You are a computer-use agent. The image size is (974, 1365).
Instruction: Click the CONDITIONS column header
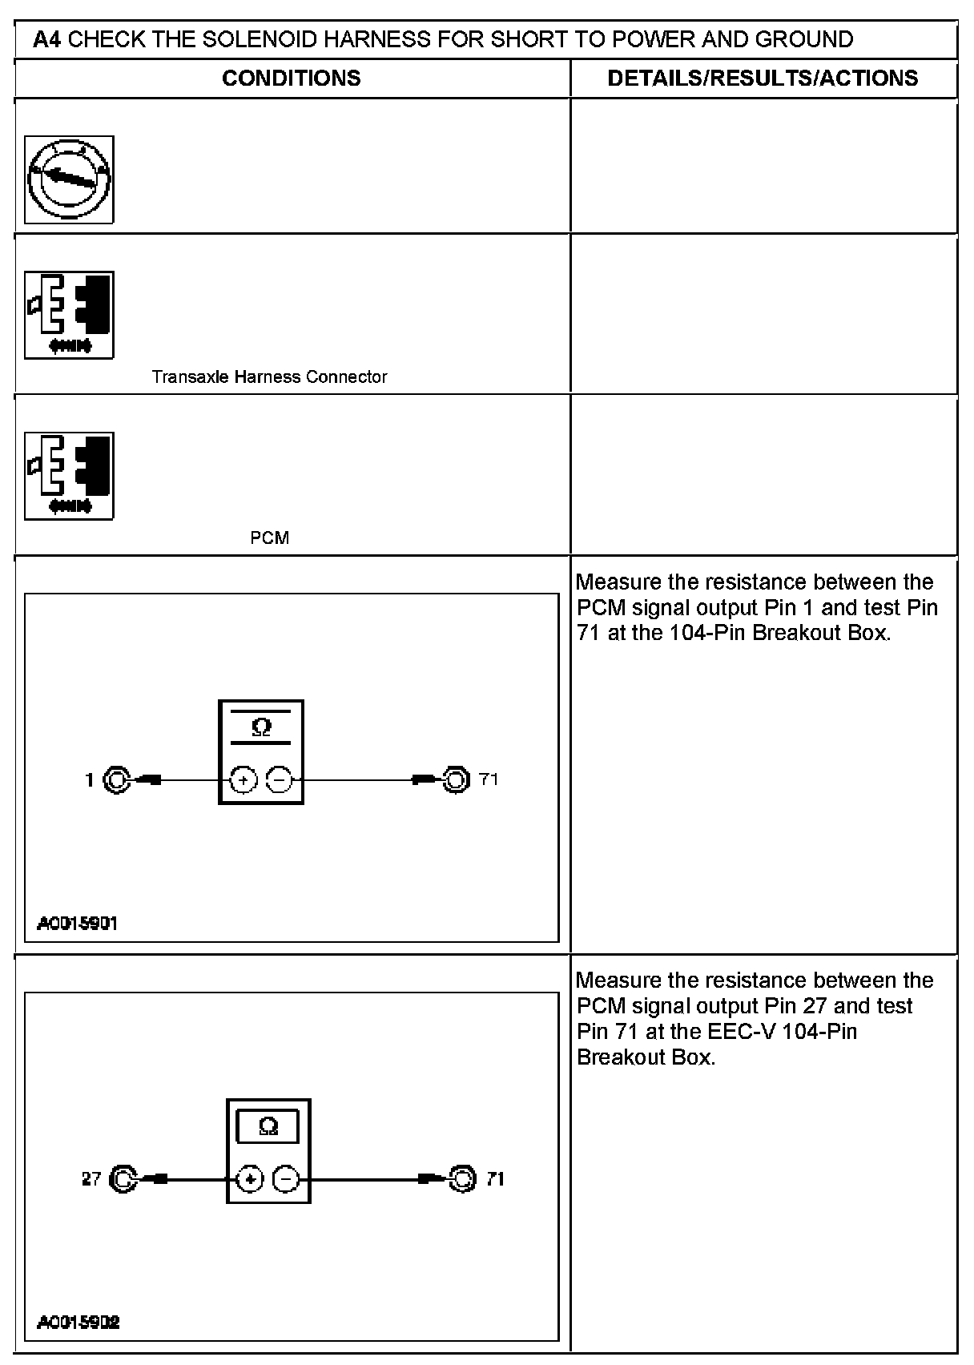click(x=291, y=78)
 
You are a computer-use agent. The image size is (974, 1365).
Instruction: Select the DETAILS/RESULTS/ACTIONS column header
click(x=763, y=78)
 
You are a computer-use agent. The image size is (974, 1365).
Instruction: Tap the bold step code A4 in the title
click(x=47, y=39)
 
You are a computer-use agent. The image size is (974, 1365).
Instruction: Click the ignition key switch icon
click(x=69, y=179)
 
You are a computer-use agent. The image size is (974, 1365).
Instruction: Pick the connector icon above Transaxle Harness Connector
click(x=69, y=315)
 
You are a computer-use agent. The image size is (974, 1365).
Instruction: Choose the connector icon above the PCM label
click(x=69, y=476)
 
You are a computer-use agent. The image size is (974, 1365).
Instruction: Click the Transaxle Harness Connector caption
click(x=269, y=376)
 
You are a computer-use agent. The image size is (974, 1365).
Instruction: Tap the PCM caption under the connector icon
click(x=269, y=538)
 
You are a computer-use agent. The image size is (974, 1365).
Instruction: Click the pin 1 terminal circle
click(x=116, y=779)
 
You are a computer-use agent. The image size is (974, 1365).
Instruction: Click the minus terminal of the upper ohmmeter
click(x=279, y=779)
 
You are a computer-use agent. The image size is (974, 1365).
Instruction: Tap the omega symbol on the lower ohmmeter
click(x=269, y=1127)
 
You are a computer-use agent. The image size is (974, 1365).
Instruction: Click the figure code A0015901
click(x=78, y=924)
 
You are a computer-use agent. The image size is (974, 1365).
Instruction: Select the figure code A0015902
click(x=78, y=1323)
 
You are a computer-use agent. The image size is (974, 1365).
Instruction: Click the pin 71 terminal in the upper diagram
click(x=455, y=779)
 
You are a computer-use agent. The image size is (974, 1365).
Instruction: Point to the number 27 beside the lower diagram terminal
click(x=91, y=1178)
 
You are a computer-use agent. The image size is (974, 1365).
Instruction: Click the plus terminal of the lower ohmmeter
click(x=251, y=1178)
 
